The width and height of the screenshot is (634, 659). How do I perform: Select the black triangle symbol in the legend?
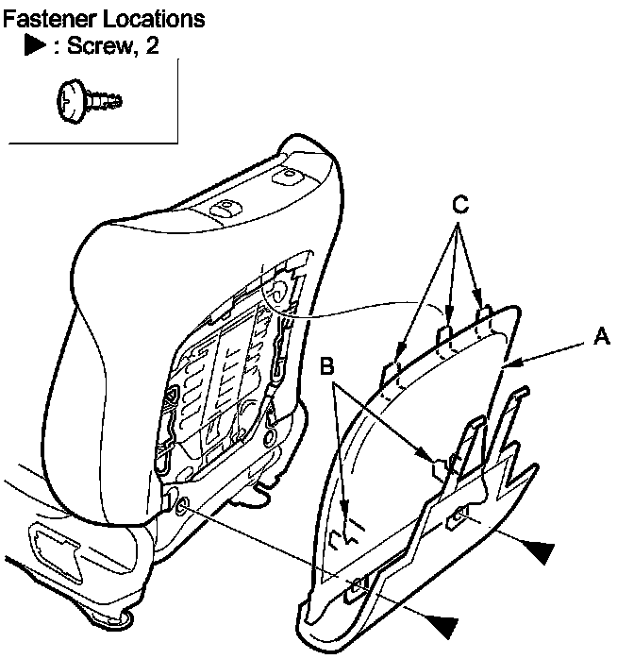[36, 45]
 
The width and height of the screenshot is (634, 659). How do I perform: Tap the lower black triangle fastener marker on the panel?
[441, 624]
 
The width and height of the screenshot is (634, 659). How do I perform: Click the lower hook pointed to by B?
[347, 534]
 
